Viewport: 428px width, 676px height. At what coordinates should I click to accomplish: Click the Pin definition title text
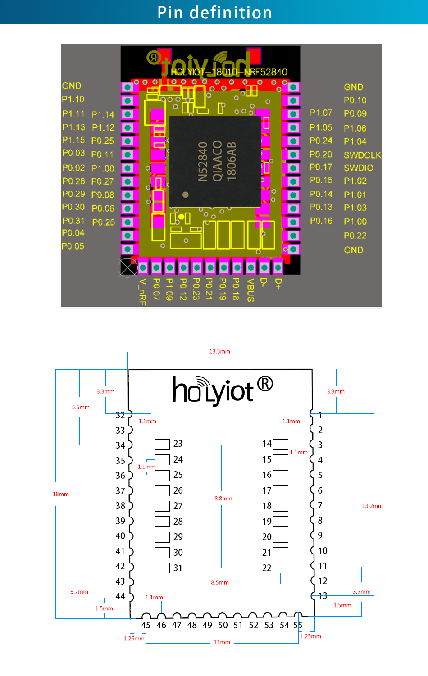[x=214, y=13]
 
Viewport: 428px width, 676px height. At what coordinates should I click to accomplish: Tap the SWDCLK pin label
[x=362, y=155]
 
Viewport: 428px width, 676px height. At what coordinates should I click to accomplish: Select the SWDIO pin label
[x=359, y=168]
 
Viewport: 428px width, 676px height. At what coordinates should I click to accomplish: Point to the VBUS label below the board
[x=250, y=290]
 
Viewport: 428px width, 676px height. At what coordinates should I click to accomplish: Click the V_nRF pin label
[x=142, y=291]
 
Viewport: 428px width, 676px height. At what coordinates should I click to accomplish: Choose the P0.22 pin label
[x=355, y=236]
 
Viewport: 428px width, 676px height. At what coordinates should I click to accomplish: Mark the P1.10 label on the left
[x=73, y=99]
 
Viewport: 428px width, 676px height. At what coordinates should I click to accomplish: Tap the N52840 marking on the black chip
[x=203, y=161]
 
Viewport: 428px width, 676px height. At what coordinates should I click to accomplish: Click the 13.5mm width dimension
[x=219, y=351]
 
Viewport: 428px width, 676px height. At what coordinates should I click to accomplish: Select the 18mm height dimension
[x=61, y=494]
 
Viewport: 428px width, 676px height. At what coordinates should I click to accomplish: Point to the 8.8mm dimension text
[x=223, y=499]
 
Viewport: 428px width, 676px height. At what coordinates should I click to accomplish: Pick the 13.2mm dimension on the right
[x=372, y=506]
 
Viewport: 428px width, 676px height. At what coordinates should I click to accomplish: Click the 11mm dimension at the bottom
[x=222, y=642]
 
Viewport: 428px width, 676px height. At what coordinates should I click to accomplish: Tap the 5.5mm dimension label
[x=81, y=407]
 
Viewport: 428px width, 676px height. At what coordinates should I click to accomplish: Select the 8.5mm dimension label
[x=220, y=582]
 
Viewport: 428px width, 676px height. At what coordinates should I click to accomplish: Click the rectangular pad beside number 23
[x=162, y=445]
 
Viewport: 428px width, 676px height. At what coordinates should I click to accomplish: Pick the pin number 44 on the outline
[x=120, y=596]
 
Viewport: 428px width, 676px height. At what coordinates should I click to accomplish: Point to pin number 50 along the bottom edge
[x=223, y=625]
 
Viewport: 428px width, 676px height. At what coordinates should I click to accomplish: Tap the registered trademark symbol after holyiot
[x=265, y=384]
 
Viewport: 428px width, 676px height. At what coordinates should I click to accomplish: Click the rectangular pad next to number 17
[x=281, y=490]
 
